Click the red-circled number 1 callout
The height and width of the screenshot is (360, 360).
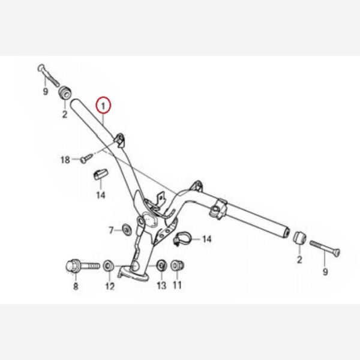pyautogui.click(x=103, y=105)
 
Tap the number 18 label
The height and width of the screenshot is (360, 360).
pyautogui.click(x=65, y=160)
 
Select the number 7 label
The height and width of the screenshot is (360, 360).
pyautogui.click(x=111, y=230)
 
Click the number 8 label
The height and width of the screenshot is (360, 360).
pyautogui.click(x=76, y=286)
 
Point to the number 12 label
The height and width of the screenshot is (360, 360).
pyautogui.click(x=110, y=286)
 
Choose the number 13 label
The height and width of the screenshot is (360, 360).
pyautogui.click(x=161, y=286)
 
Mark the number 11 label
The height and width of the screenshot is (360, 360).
pyautogui.click(x=177, y=285)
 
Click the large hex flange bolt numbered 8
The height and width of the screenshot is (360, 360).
pyautogui.click(x=83, y=266)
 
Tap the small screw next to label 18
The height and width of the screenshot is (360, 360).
pyautogui.click(x=87, y=158)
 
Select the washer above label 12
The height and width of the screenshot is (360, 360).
pyautogui.click(x=109, y=266)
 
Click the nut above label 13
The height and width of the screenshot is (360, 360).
pyautogui.click(x=161, y=265)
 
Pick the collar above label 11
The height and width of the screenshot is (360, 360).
pyautogui.click(x=178, y=265)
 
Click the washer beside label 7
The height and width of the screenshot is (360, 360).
pyautogui.click(x=126, y=229)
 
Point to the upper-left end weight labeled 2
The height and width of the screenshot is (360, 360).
pyautogui.click(x=64, y=92)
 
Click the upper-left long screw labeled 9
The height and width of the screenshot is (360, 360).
pyautogui.click(x=48, y=74)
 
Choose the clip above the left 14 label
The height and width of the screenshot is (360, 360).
pyautogui.click(x=100, y=175)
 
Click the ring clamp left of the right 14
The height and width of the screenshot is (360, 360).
pyautogui.click(x=182, y=239)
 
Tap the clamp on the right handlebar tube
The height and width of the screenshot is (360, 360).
pyautogui.click(x=218, y=207)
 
